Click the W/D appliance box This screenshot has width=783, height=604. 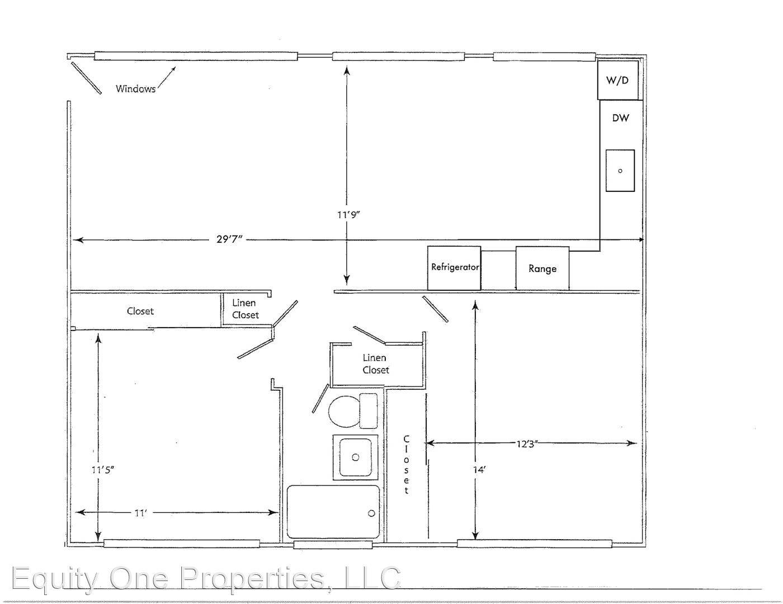(617, 79)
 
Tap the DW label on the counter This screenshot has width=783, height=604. (620, 118)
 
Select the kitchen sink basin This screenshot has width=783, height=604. (620, 171)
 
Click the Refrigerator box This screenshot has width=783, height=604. (454, 268)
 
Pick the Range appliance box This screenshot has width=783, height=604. (543, 268)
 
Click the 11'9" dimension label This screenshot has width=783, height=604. (348, 215)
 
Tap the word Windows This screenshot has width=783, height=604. (135, 88)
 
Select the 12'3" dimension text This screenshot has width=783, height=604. (527, 443)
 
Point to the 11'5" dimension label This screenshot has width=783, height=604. (103, 470)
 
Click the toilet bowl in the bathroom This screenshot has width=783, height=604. (344, 411)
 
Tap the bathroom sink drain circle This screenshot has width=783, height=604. (355, 457)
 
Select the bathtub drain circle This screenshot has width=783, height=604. (371, 513)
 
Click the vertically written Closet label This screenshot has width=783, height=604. (407, 465)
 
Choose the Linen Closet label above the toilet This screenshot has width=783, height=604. (376, 364)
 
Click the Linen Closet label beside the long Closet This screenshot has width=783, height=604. (245, 309)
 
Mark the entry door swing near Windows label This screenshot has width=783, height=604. (86, 78)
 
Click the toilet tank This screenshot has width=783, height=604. (369, 411)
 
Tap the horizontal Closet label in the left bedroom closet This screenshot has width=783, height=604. (140, 311)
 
